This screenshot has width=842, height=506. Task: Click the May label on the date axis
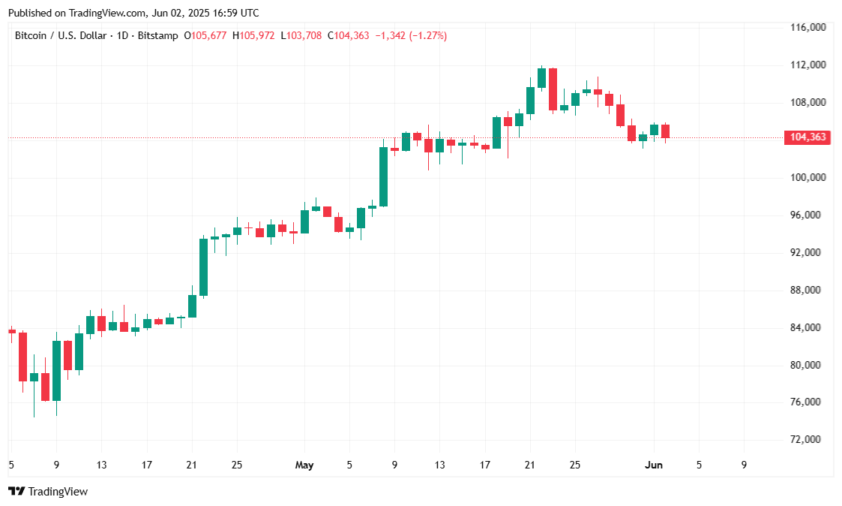(304, 465)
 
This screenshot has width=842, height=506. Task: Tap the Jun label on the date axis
(653, 465)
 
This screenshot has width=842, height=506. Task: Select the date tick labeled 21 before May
(191, 465)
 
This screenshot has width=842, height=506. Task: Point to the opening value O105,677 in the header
(206, 35)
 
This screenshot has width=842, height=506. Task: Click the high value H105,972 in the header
(253, 35)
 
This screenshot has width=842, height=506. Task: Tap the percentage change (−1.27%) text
(427, 35)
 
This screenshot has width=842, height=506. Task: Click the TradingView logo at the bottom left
(48, 492)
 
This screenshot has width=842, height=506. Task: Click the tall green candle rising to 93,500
(203, 267)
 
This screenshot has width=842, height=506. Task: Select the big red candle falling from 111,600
(553, 89)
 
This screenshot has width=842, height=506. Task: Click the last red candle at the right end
(665, 131)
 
